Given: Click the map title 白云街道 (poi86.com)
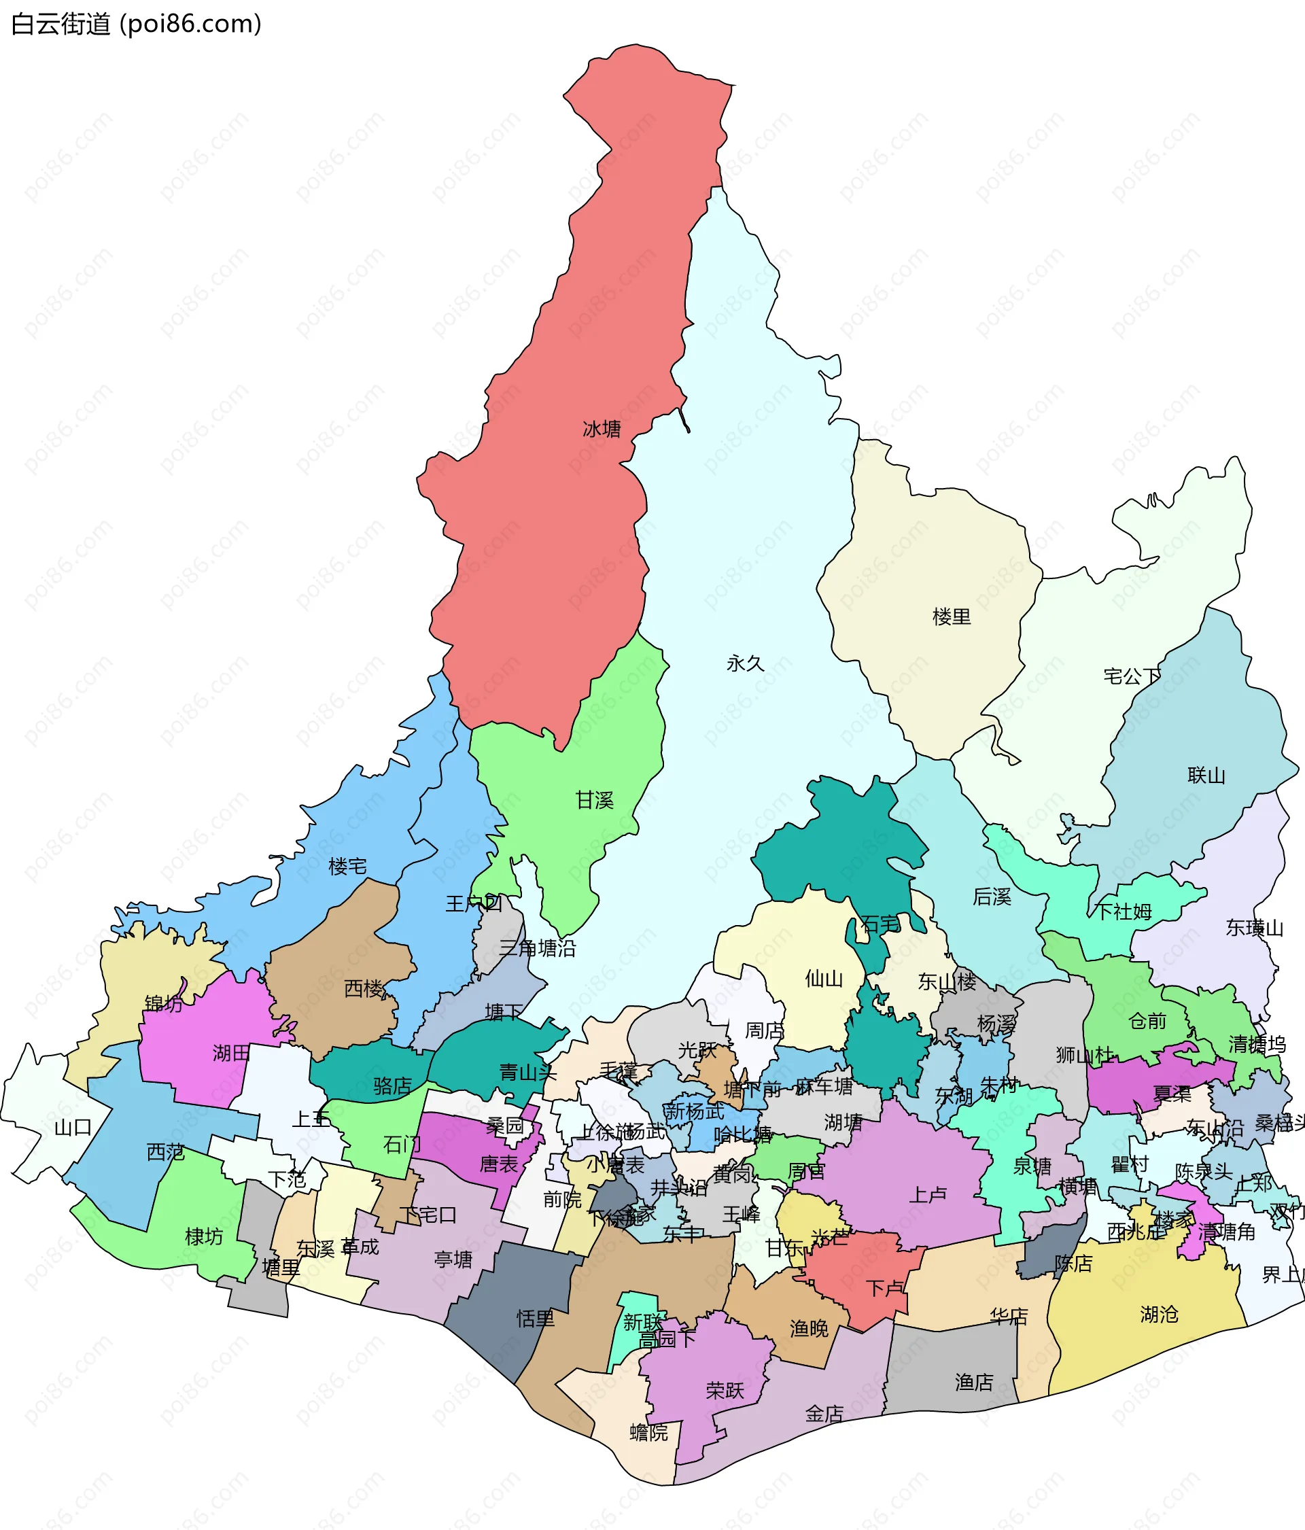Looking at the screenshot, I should click(137, 24).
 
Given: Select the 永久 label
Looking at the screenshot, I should click(744, 664).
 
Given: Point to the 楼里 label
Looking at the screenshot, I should click(952, 616).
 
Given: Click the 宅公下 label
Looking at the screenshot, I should click(1132, 676).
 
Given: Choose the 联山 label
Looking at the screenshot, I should click(1206, 776).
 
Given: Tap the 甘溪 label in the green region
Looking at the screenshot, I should click(595, 800).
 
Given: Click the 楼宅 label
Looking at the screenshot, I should click(347, 866).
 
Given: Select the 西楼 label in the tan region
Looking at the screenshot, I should click(364, 989).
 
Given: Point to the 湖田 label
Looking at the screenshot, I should click(231, 1053).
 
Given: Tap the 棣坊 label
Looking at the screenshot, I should click(204, 1237).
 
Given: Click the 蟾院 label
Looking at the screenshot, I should click(648, 1433).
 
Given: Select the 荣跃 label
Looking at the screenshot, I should click(725, 1391).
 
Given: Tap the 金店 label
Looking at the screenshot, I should click(824, 1414).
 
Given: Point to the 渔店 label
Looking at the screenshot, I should click(973, 1383).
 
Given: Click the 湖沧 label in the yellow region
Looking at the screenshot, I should click(1159, 1315).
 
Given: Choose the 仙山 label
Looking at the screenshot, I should click(824, 979).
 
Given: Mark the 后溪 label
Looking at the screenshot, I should click(991, 897).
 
